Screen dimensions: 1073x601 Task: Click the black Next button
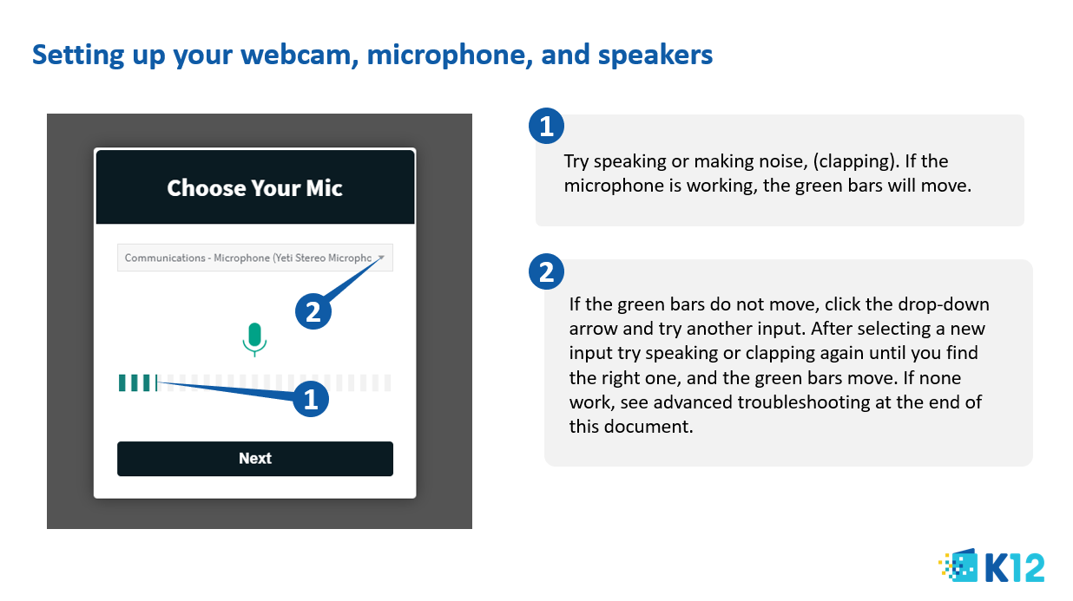255,459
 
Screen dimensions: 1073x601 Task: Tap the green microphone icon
254,339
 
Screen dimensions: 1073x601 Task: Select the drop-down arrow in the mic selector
381,258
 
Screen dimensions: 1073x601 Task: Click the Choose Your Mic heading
255,187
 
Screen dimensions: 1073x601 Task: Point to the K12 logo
991,565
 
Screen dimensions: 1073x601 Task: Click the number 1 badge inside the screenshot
311,399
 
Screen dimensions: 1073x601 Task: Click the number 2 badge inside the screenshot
313,311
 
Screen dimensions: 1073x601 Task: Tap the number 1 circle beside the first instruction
547,126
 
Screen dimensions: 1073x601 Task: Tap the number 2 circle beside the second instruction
547,271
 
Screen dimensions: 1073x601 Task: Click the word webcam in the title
300,55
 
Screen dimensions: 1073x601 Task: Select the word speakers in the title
655,56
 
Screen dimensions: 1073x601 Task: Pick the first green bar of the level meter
122,382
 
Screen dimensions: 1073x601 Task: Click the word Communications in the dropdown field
165,258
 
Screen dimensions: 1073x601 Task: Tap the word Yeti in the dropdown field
283,258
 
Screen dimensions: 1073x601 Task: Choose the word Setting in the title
78,56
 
